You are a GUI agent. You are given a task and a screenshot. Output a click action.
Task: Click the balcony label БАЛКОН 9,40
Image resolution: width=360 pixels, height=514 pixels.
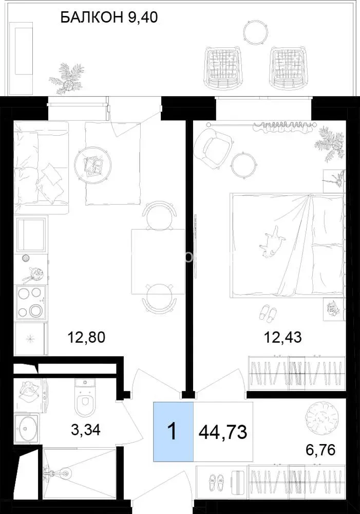pos(109,17)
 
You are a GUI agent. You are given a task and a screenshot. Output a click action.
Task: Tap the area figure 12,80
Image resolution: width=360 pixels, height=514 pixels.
pos(86,337)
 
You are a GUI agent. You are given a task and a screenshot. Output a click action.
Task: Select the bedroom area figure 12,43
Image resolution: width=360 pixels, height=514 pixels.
pos(282,337)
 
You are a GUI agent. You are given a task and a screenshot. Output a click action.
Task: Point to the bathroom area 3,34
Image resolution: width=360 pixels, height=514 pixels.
pos(86,429)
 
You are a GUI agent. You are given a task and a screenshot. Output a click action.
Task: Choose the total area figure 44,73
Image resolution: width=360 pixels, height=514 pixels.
pos(223,432)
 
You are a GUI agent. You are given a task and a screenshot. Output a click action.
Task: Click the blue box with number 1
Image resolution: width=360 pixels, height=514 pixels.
pos(173,431)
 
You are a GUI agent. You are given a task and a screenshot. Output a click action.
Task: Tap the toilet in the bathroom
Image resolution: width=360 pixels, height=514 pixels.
pos(85,397)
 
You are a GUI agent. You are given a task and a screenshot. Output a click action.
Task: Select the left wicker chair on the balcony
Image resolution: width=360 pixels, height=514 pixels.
pos(223,67)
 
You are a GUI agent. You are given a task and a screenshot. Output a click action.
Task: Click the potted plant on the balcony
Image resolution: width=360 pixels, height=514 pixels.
pos(66,79)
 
